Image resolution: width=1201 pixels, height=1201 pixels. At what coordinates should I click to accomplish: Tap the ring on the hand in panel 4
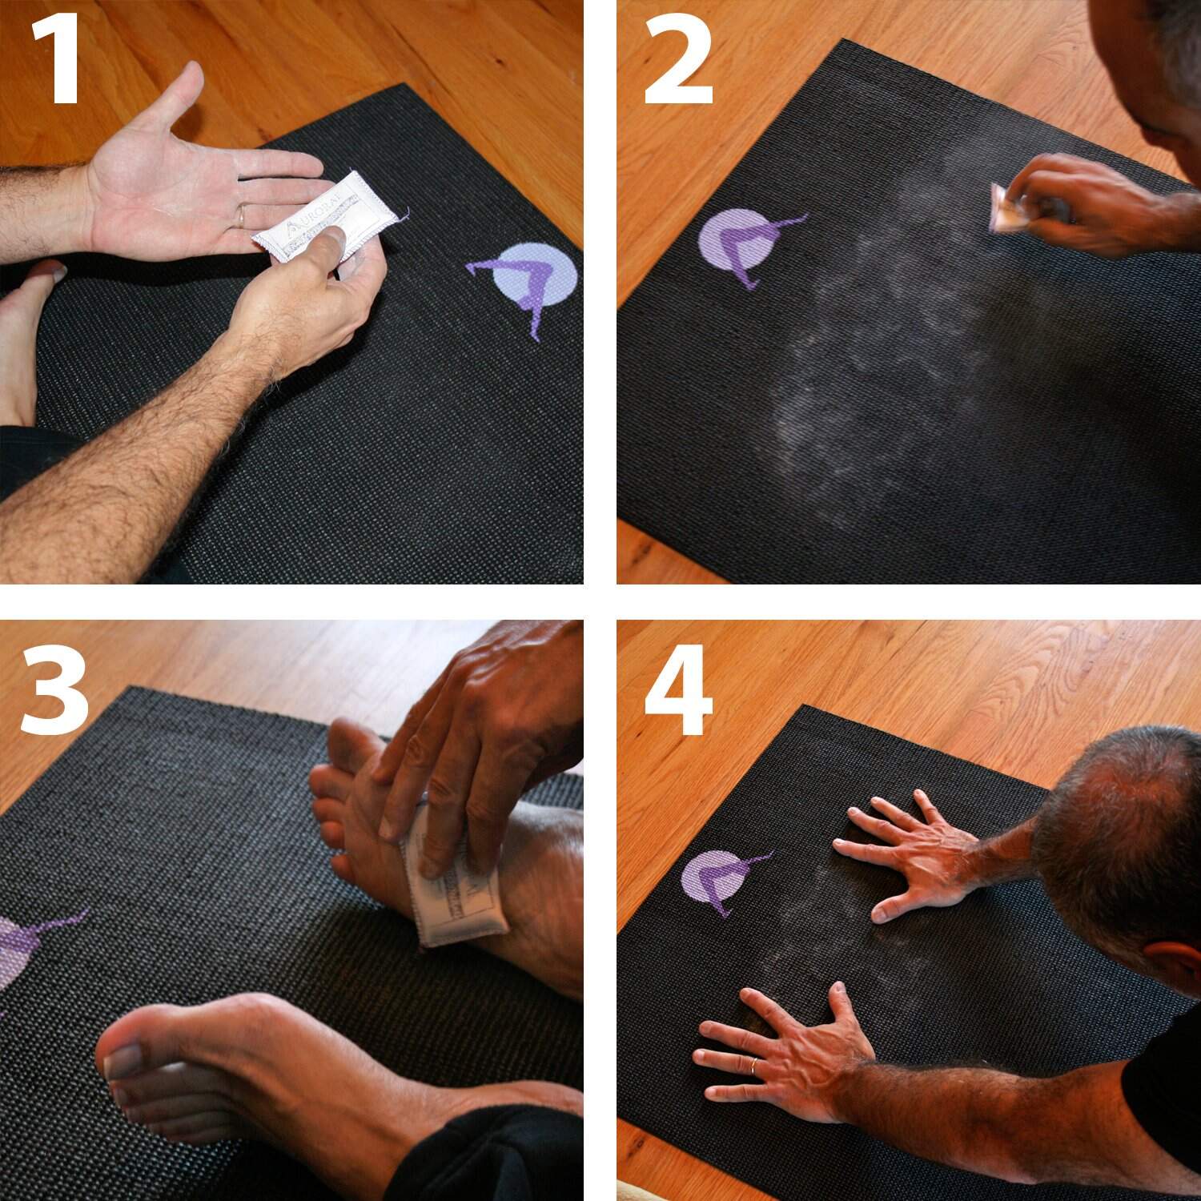[x=754, y=1065]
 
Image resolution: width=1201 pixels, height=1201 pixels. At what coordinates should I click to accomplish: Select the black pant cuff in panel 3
[x=496, y=1153]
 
